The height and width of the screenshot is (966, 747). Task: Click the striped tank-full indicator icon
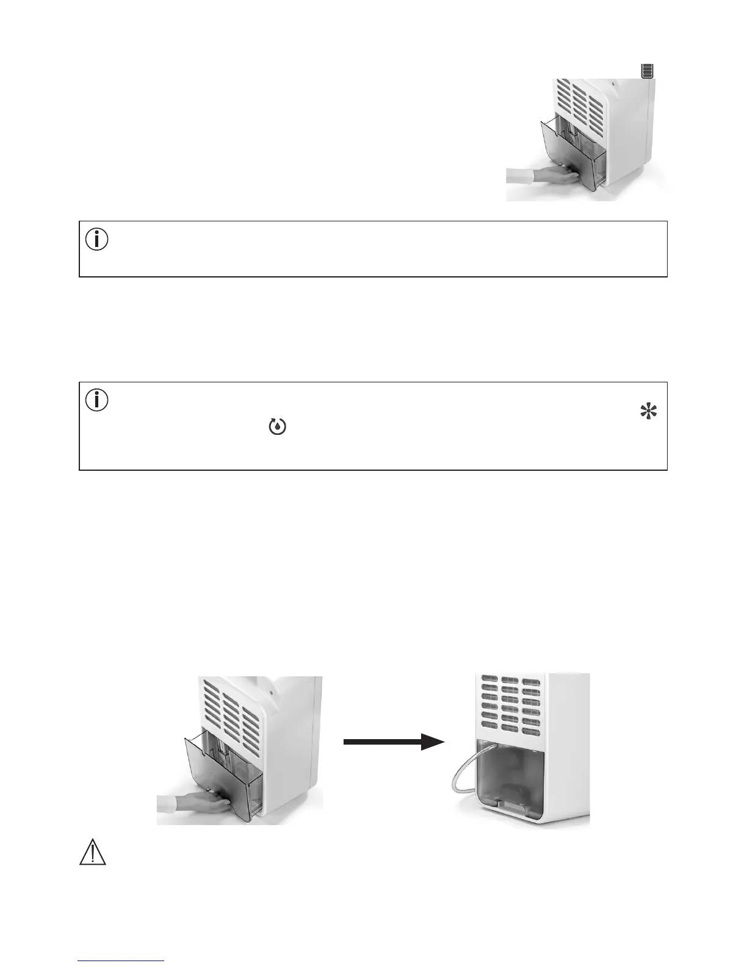pos(647,71)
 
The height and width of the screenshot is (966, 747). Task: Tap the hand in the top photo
pos(555,177)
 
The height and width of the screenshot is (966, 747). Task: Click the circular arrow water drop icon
pos(278,428)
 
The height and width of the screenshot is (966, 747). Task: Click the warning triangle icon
pos(93,851)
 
